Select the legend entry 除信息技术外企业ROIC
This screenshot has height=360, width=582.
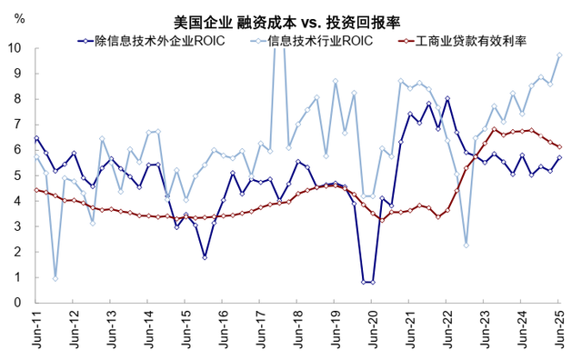[x=160, y=41]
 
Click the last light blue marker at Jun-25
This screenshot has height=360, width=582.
[x=559, y=55]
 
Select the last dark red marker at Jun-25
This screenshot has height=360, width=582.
[x=559, y=146]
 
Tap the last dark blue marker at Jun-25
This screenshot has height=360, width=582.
[x=559, y=157]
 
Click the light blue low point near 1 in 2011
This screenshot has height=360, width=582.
[x=55, y=277]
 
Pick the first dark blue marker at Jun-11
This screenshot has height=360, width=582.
[x=36, y=138]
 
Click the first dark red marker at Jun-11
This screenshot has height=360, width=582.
[x=36, y=190]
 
